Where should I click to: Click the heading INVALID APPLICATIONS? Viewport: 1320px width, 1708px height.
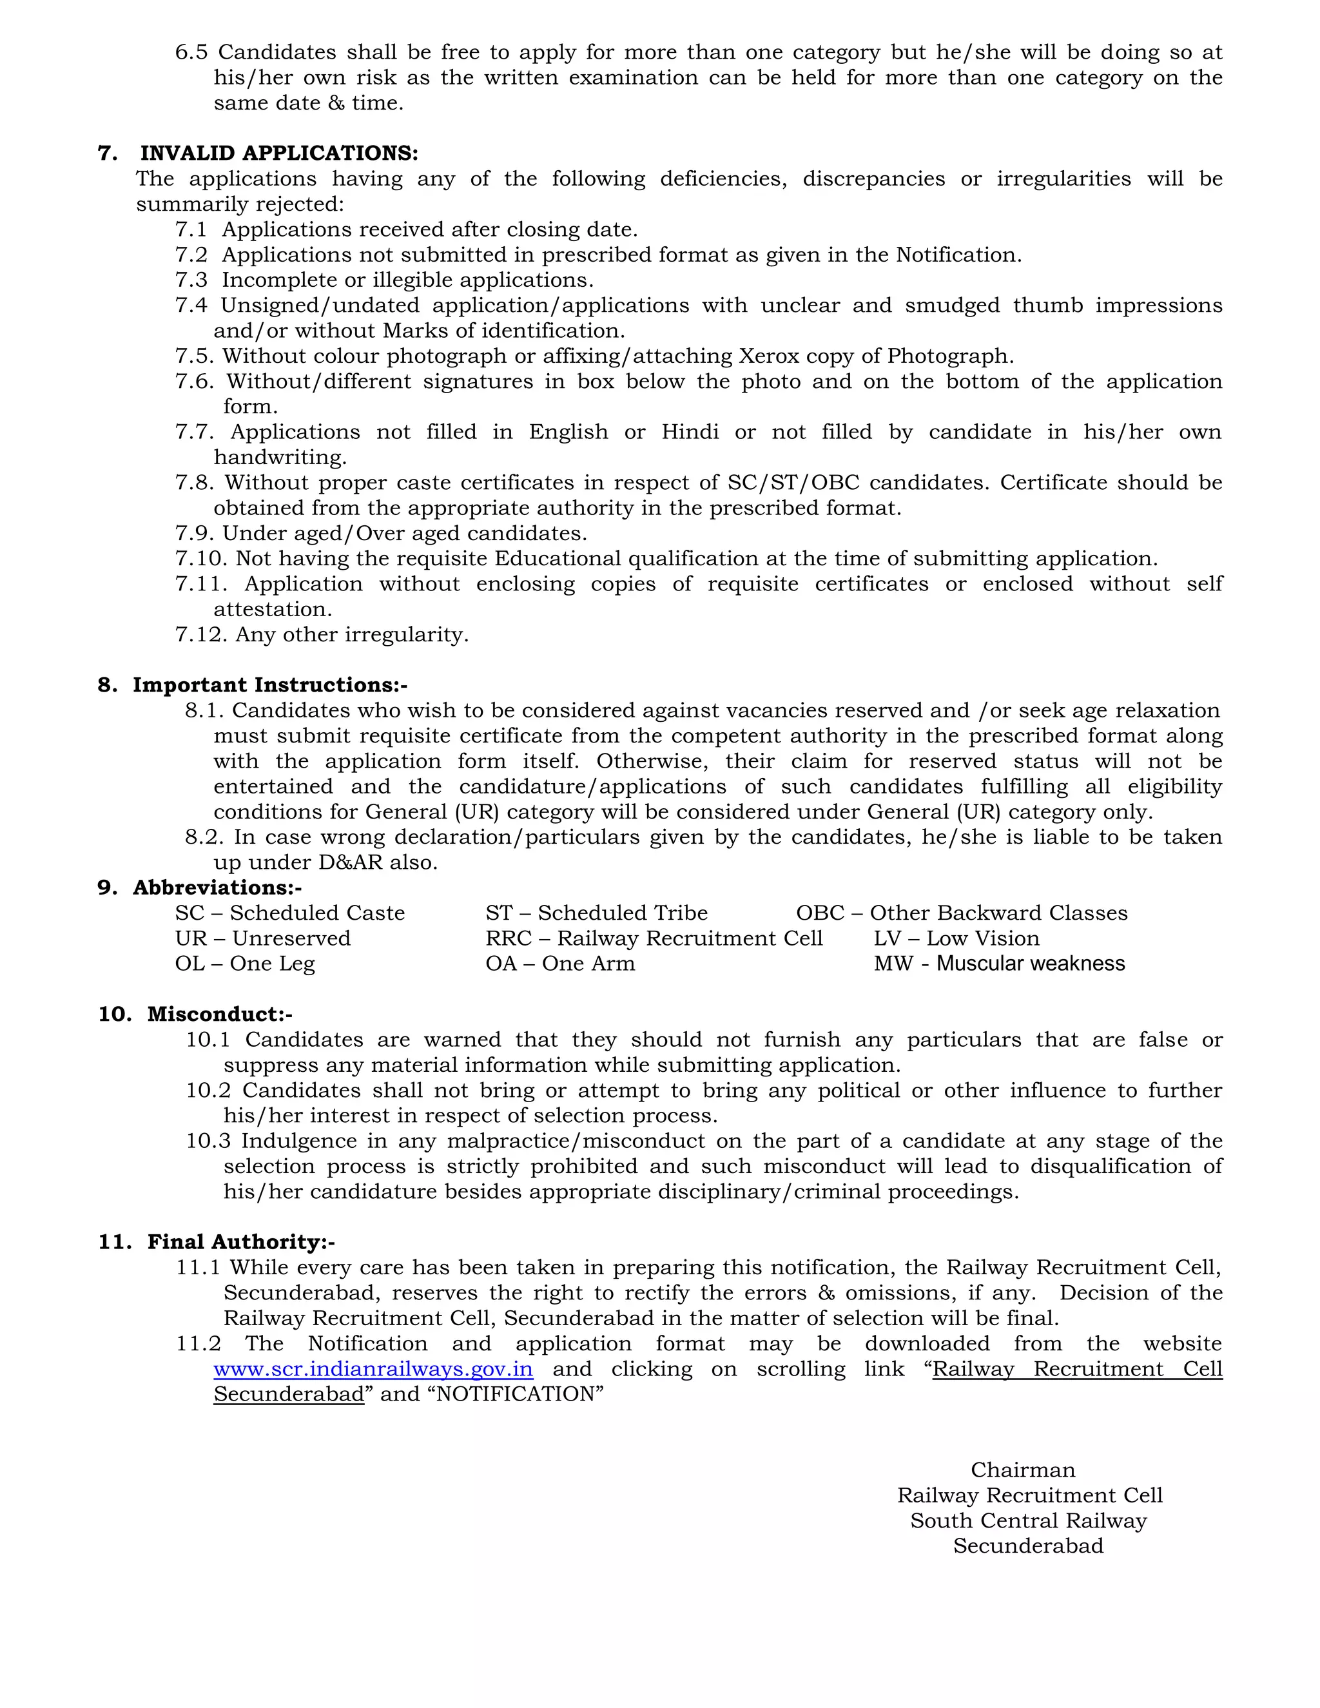coord(278,153)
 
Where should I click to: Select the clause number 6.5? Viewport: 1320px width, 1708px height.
coord(191,52)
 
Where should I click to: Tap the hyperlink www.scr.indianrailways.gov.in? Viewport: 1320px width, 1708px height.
coord(373,1370)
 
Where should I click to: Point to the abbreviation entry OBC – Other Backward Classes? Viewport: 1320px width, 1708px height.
coord(961,913)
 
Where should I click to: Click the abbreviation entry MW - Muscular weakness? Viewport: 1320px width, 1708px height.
coord(998,964)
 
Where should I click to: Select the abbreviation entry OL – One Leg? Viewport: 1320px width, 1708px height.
coord(244,964)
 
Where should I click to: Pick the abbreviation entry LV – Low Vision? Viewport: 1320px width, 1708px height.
coord(956,938)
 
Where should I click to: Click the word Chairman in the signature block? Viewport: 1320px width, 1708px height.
coord(1023,1470)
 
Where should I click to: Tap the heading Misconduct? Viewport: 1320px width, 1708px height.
coord(219,1014)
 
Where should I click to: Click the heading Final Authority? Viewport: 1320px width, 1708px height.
coord(241,1242)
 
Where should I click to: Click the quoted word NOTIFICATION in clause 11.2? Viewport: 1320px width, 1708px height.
coord(516,1394)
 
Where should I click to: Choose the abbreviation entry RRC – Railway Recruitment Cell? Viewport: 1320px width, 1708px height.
coord(654,938)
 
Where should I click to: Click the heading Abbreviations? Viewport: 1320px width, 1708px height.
coord(216,888)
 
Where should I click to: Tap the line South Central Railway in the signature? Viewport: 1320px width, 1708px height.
coord(1027,1521)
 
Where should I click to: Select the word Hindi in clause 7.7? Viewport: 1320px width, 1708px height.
coord(690,432)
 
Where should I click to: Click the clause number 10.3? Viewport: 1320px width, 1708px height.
coord(208,1141)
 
